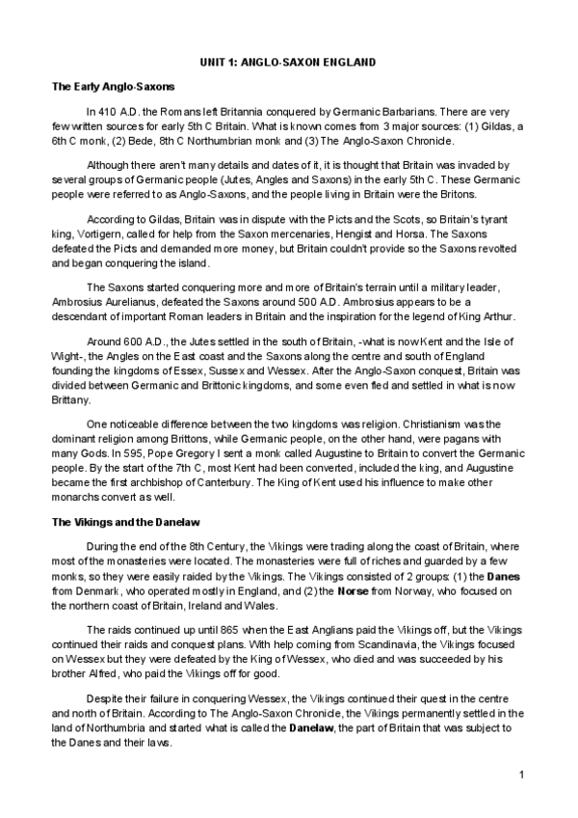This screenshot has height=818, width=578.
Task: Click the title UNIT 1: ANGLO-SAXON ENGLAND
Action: [x=288, y=63]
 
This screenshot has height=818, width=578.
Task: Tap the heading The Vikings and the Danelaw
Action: [x=125, y=522]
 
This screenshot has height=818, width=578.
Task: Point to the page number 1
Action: [x=521, y=775]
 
